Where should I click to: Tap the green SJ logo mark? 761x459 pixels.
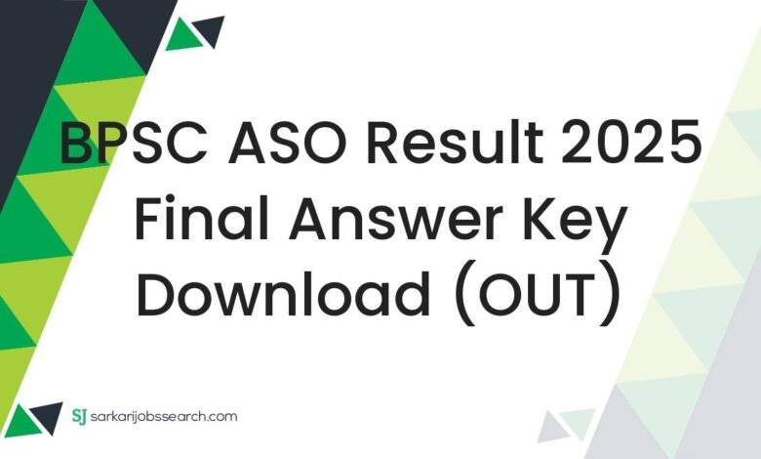(x=80, y=416)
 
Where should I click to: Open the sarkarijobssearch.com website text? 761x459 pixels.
(x=166, y=417)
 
